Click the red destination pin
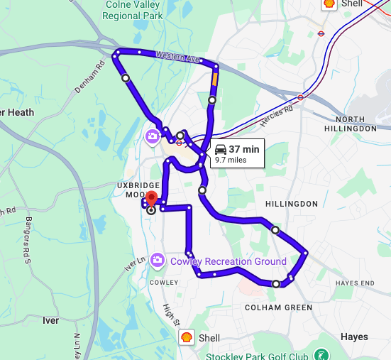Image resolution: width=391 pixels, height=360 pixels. tap(150, 197)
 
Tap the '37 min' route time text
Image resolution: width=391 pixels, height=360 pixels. tap(244, 149)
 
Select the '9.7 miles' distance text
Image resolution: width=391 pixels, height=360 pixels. tap(231, 160)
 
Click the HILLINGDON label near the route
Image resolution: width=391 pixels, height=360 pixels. tap(292, 204)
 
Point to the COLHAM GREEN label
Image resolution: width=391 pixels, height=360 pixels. tap(278, 307)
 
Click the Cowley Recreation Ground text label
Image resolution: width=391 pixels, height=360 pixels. tap(228, 261)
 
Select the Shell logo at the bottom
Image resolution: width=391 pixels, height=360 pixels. tap(186, 337)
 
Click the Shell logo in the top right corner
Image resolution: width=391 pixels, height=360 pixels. tap(329, 4)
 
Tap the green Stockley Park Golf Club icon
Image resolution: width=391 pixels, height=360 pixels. tap(321, 354)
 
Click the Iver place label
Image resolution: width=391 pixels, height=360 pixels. tap(50, 320)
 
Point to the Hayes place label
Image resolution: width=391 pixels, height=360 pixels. tap(354, 337)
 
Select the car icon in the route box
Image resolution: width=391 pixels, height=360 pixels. tap(221, 149)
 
